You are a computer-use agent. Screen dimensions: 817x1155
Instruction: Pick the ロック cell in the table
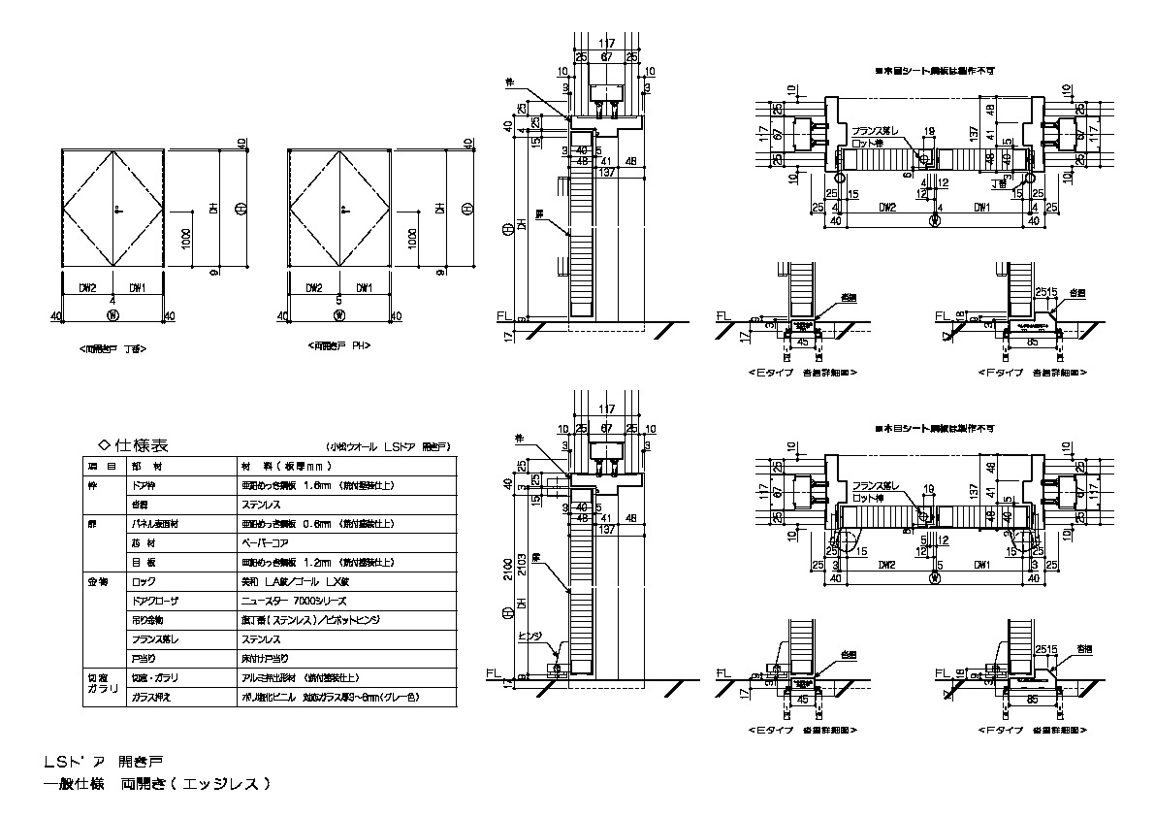(x=143, y=581)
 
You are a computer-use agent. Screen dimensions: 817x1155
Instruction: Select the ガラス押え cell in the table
(x=150, y=697)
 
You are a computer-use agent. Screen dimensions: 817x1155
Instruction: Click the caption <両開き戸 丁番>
(x=113, y=346)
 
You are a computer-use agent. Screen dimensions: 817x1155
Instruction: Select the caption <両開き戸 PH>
(x=340, y=345)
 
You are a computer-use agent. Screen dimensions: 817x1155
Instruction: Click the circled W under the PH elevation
(x=339, y=315)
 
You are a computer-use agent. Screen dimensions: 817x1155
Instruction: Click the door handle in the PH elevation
(x=342, y=209)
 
